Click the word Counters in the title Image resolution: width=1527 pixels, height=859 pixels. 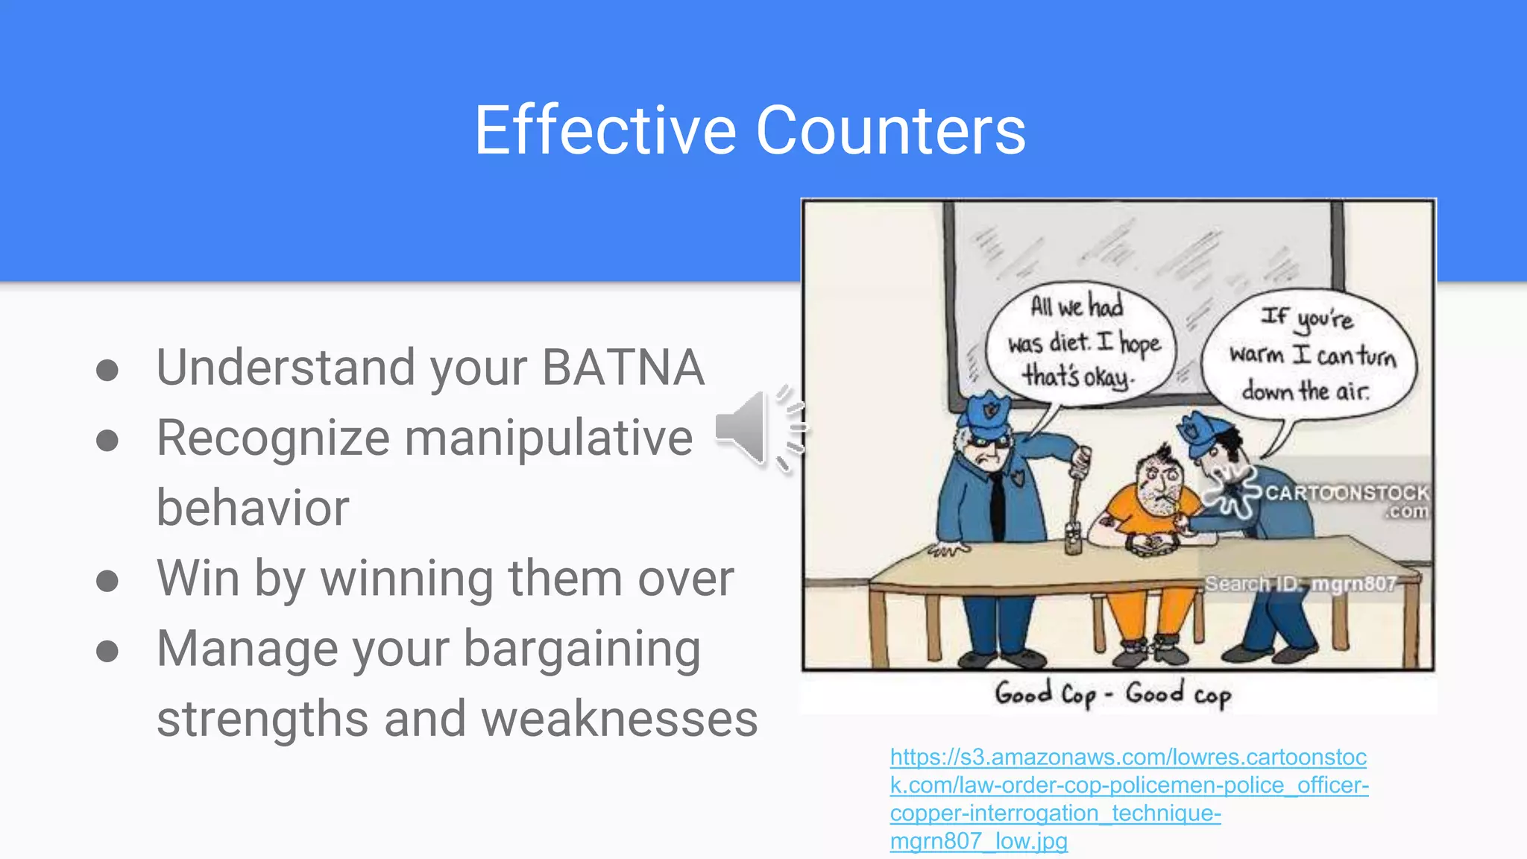click(x=890, y=131)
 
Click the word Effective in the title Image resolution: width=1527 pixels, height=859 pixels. click(x=605, y=131)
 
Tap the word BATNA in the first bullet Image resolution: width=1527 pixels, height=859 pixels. click(x=623, y=368)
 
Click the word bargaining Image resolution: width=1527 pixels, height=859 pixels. click(x=582, y=649)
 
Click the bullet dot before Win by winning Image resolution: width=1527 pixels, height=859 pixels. click(x=107, y=581)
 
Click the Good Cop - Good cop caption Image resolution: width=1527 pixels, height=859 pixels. click(x=1112, y=694)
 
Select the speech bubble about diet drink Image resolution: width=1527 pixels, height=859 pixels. click(x=1080, y=343)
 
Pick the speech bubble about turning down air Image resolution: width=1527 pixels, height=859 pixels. click(x=1309, y=355)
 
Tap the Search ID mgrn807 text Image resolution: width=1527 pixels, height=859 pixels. click(x=1300, y=584)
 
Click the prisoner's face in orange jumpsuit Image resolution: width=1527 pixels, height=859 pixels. click(x=1159, y=484)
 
